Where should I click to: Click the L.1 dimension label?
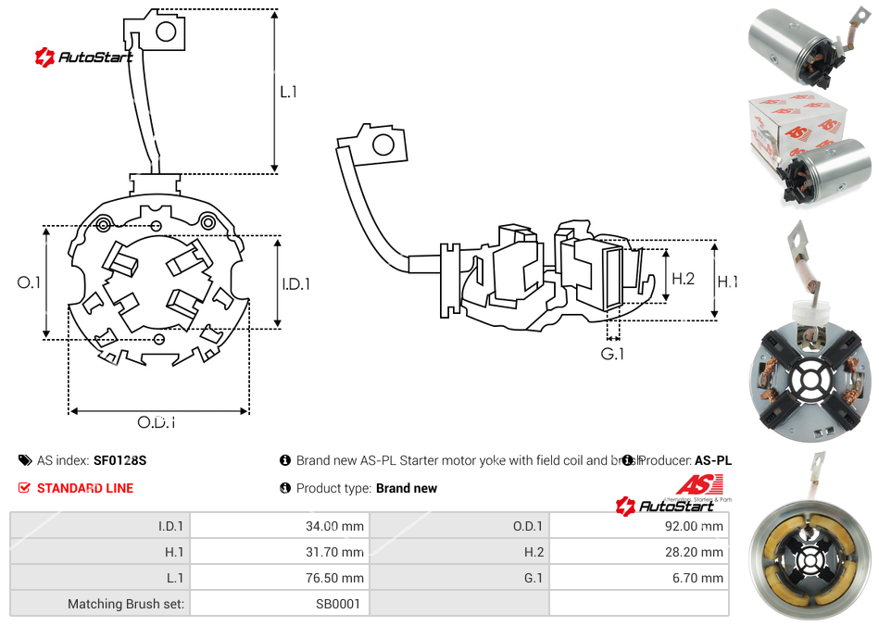[289, 92]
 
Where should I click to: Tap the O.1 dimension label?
[30, 282]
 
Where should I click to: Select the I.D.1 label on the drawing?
[296, 284]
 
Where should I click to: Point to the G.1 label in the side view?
[612, 355]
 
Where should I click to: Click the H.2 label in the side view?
[684, 279]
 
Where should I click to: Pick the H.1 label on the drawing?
[728, 282]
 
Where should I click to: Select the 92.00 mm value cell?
[697, 526]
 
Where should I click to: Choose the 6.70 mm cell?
[699, 578]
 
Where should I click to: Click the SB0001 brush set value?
[337, 604]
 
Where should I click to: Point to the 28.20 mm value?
[697, 552]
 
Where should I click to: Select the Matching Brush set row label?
[126, 604]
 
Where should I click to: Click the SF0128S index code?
[120, 460]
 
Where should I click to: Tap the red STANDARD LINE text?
[85, 488]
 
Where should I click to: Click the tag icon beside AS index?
[24, 460]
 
